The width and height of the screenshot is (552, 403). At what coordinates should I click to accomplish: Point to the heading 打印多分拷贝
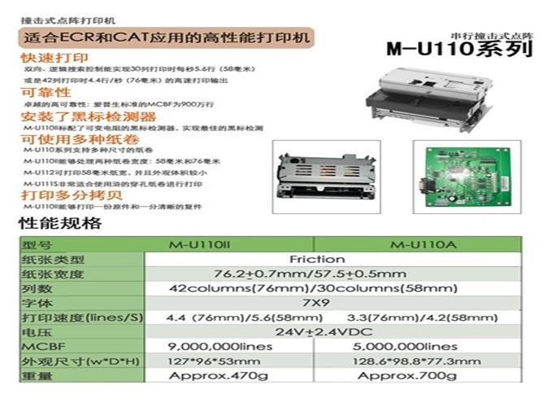pos(61,196)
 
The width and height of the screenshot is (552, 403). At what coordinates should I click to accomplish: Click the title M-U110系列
pos(459,49)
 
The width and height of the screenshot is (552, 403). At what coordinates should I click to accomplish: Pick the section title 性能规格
pos(60,223)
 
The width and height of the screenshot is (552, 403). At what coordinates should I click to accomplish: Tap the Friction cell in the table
pos(315,260)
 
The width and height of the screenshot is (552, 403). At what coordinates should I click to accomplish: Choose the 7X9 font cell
pos(315,302)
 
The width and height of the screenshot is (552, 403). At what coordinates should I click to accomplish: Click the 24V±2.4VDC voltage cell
pos(315,332)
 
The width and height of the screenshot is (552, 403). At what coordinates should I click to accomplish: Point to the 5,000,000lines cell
pos(420,346)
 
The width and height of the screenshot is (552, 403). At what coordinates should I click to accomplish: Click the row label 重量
pos(37,375)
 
